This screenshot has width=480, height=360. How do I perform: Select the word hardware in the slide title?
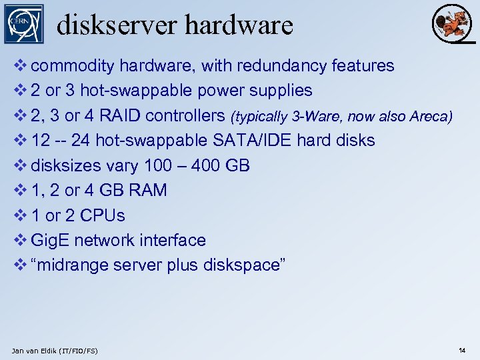tap(239, 25)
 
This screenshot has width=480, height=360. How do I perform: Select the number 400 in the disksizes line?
tap(209, 165)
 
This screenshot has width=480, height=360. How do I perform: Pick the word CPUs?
tap(102, 215)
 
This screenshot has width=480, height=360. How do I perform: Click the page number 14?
tap(462, 350)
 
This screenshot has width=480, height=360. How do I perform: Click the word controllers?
tap(185, 115)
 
